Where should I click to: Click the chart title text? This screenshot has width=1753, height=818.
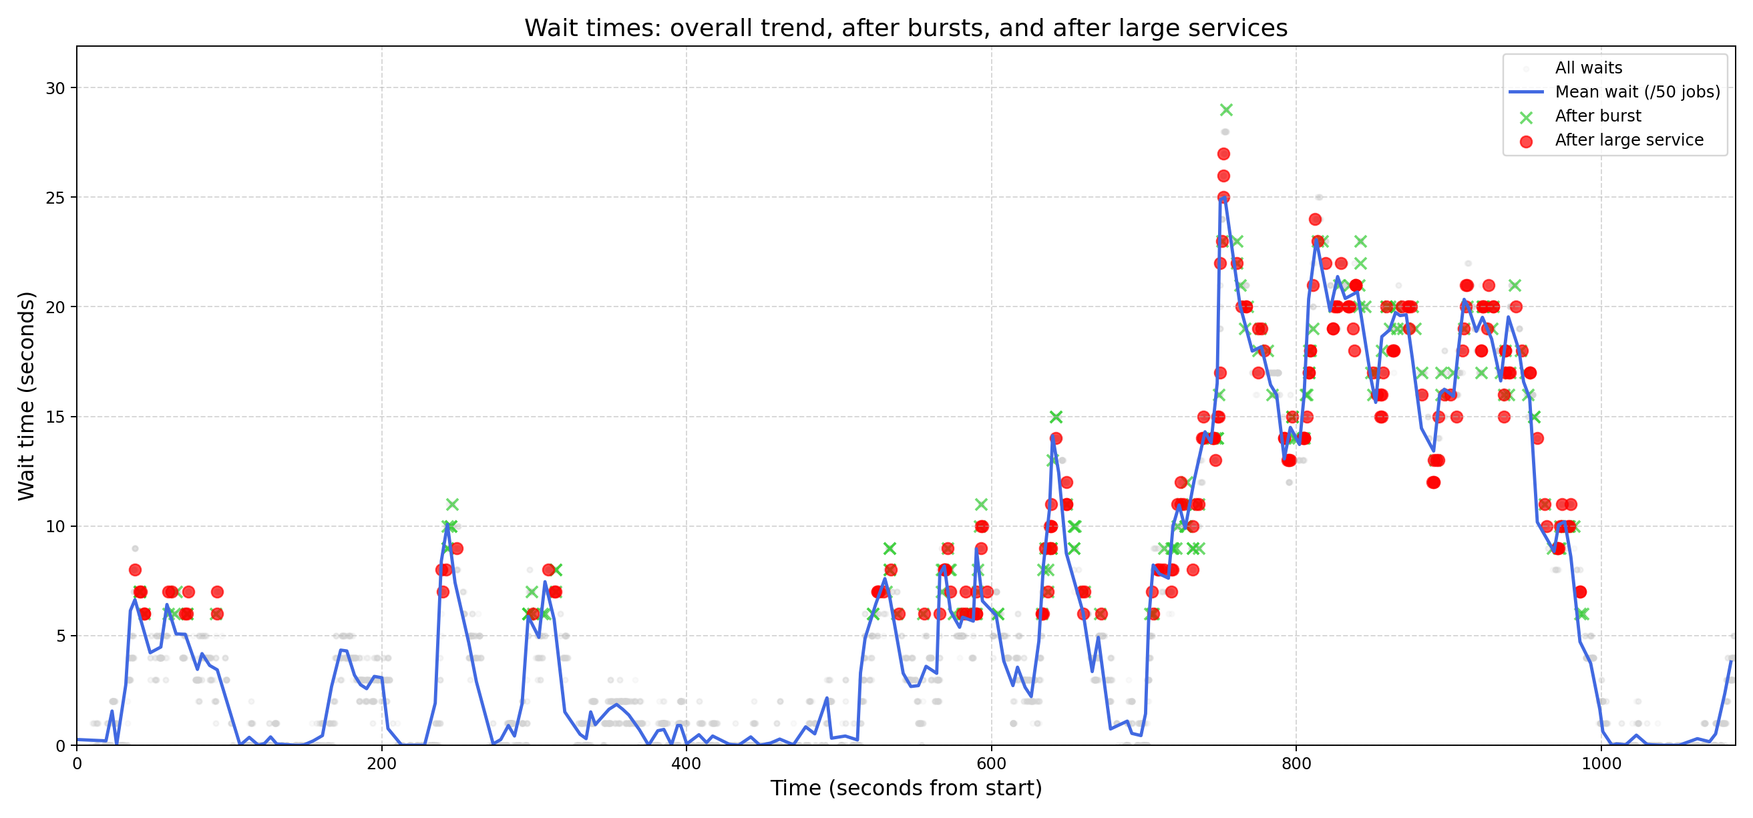905,29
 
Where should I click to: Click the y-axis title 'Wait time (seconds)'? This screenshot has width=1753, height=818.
26,395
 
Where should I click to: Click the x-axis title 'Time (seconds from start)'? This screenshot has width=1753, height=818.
906,788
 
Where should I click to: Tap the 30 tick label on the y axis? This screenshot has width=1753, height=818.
55,88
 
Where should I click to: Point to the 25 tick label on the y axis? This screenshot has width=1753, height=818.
55,198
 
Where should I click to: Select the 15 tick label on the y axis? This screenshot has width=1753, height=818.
55,417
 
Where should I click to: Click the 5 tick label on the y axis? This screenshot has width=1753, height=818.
59,636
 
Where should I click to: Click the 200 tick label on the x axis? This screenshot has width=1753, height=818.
381,763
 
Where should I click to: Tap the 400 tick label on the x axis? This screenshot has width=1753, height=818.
686,763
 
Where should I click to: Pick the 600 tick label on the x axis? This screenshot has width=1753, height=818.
991,763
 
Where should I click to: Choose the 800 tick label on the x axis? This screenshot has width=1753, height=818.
1296,763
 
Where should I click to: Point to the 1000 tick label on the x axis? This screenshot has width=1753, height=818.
1601,763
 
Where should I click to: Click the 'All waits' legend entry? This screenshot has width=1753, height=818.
1588,68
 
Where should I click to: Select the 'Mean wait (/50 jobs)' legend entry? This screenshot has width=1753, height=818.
1637,92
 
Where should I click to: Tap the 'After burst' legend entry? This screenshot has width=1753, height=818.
1597,116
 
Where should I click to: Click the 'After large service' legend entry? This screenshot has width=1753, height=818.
1629,140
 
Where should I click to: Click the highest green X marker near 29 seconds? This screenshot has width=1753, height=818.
1226,110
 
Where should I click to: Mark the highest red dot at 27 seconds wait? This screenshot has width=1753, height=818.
1223,154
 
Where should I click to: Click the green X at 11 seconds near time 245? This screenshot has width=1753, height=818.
453,505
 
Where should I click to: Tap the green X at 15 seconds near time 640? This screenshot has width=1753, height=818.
1056,417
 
